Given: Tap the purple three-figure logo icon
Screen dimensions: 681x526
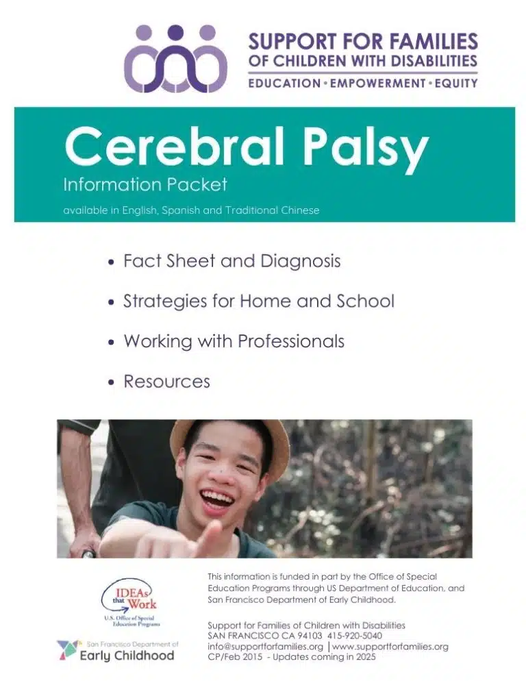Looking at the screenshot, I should click(x=175, y=59).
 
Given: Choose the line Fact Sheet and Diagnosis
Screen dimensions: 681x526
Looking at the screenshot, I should click(x=231, y=261).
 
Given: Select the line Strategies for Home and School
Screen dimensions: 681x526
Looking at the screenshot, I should click(x=258, y=301).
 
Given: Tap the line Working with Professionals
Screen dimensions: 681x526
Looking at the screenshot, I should click(x=234, y=340).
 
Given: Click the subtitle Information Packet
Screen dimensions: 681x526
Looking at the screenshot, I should click(x=145, y=184).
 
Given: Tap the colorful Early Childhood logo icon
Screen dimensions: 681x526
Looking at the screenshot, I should click(x=68, y=649).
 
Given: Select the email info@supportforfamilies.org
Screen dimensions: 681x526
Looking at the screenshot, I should click(x=265, y=646).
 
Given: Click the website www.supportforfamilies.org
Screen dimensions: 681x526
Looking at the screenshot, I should click(x=391, y=646).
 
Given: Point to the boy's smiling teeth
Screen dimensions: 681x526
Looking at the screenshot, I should click(x=217, y=494).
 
